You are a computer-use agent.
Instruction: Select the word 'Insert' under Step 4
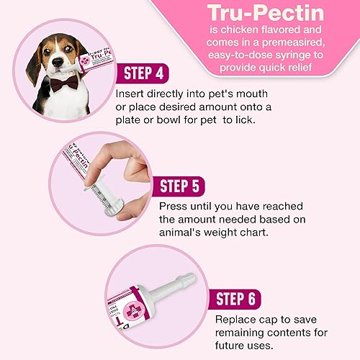pos(130,94)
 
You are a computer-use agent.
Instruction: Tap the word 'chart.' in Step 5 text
pos(271,235)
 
